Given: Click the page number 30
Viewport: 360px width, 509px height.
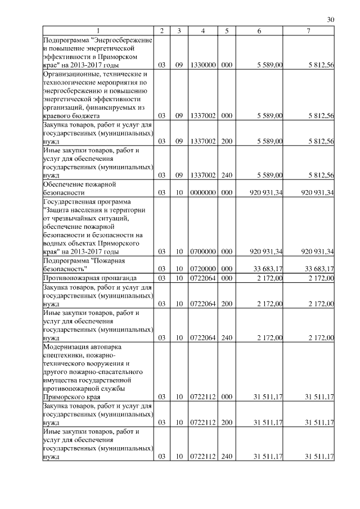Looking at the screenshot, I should [331, 19].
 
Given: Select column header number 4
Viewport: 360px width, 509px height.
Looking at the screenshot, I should [202, 30].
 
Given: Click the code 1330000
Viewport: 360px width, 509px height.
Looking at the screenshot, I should [202, 66].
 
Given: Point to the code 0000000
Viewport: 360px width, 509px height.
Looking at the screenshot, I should [202, 193].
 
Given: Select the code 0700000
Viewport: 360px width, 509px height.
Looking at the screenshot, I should [202, 251].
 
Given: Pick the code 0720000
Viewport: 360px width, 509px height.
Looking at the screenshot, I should [202, 269].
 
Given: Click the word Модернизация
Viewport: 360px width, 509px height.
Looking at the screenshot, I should [67, 347].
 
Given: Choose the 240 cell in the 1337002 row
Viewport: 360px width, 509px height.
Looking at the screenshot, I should [227, 175].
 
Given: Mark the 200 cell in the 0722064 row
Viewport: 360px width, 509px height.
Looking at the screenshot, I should [227, 304].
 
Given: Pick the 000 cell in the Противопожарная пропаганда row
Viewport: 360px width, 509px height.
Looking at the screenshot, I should [227, 278].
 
